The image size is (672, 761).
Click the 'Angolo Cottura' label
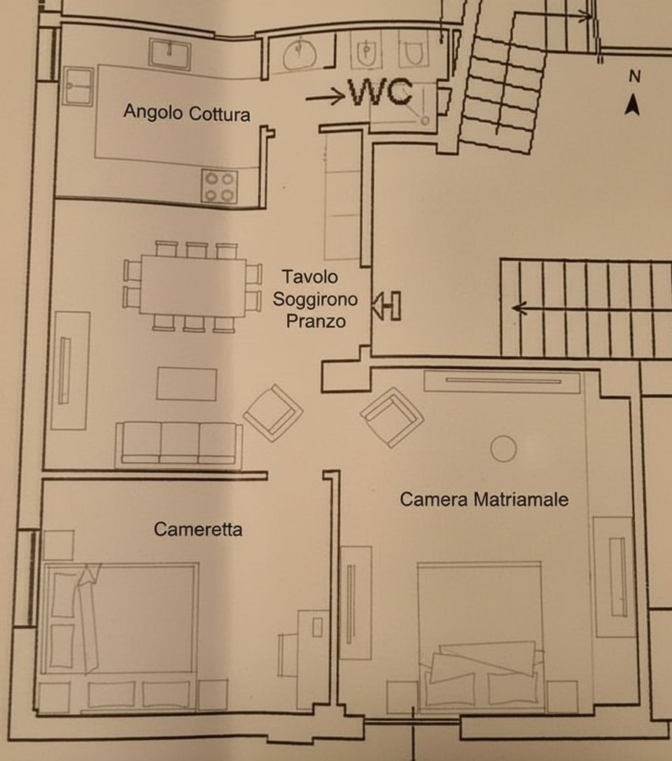pyautogui.click(x=187, y=113)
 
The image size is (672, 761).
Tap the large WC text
pyautogui.click(x=381, y=92)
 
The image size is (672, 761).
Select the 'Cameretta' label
pyautogui.click(x=198, y=529)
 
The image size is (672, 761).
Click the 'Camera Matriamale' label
pyautogui.click(x=484, y=499)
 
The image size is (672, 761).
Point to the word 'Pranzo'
pyautogui.click(x=316, y=321)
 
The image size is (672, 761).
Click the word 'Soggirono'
pyautogui.click(x=315, y=299)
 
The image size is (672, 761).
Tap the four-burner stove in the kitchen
pyautogui.click(x=220, y=186)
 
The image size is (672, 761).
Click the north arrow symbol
pyautogui.click(x=632, y=106)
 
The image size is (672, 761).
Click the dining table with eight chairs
pyautogui.click(x=192, y=287)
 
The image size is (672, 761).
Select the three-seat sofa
pyautogui.click(x=178, y=445)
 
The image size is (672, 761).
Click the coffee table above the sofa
pyautogui.click(x=186, y=384)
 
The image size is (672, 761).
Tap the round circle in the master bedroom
pyautogui.click(x=503, y=448)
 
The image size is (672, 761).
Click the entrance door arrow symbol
pyautogui.click(x=386, y=305)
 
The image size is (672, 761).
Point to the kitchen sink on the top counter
pyautogui.click(x=169, y=53)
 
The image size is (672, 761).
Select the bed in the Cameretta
pyautogui.click(x=120, y=618)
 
